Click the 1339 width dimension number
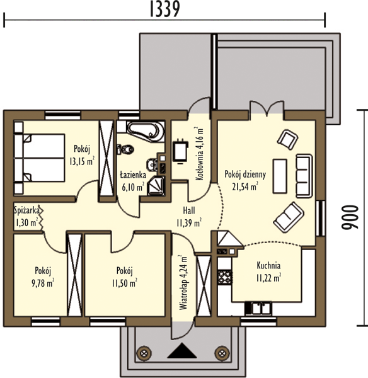point(165,9)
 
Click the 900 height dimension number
point(350,217)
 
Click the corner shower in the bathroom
point(156,186)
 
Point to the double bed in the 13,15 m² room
point(40,158)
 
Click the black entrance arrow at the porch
point(182,351)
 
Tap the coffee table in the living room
point(280,176)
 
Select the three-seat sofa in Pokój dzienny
point(304,176)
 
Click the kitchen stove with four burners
point(225,277)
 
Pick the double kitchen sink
point(261,309)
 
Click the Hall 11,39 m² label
point(189,217)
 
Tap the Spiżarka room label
point(26,210)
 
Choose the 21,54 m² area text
point(245,186)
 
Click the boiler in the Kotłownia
point(181,151)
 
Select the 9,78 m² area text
point(43,283)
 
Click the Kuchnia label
point(268,265)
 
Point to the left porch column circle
point(144,353)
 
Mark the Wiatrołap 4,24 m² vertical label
point(183,282)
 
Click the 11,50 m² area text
point(125,283)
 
